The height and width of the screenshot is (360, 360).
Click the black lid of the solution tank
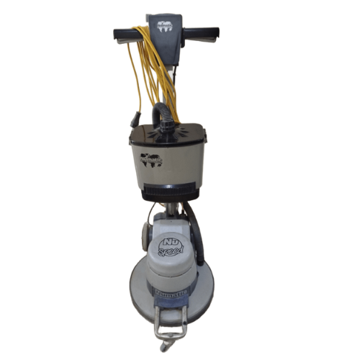(x=166, y=133)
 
